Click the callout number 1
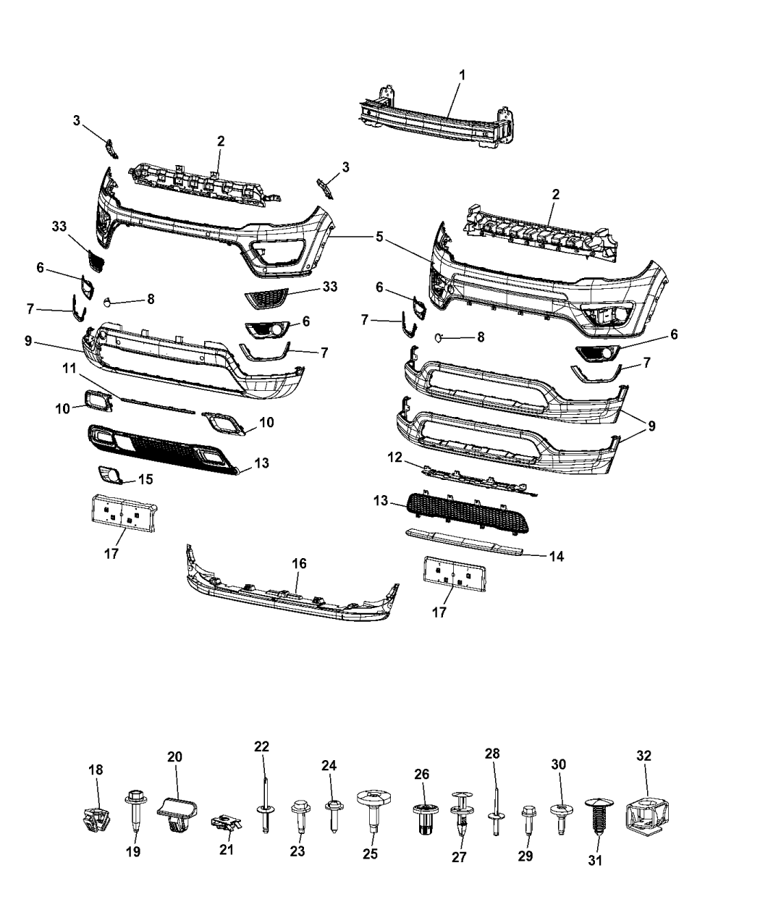(463, 75)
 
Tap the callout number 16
(299, 563)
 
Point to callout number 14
(556, 557)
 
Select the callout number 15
(145, 479)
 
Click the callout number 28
(492, 754)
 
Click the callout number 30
(559, 764)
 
